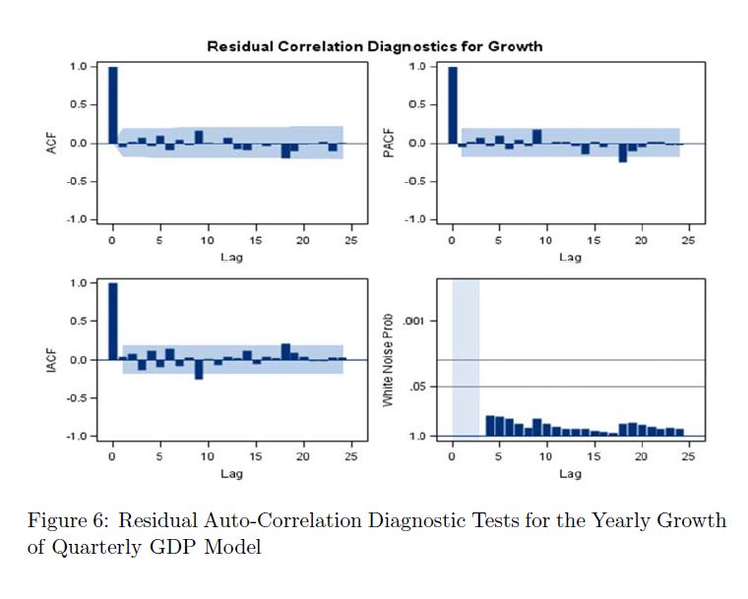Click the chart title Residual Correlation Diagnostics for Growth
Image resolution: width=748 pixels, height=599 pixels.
coord(374,46)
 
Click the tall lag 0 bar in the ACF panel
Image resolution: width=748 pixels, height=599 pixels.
coord(113,104)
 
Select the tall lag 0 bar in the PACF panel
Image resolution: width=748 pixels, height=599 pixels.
coord(453,104)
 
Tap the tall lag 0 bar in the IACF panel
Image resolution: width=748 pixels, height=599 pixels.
coord(113,321)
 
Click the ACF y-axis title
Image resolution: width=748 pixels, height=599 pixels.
coord(52,144)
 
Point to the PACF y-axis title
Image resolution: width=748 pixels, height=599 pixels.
coord(392,144)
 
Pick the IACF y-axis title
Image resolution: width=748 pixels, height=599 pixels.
coord(52,360)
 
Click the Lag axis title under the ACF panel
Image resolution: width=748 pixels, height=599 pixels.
coord(231,258)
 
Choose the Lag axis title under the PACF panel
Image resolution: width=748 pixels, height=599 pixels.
coord(570,258)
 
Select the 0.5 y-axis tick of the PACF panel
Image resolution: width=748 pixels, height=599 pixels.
coord(417,105)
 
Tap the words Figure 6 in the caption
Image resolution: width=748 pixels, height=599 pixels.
coord(64,520)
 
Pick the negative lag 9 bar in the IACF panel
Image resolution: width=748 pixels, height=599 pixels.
coord(199,370)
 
